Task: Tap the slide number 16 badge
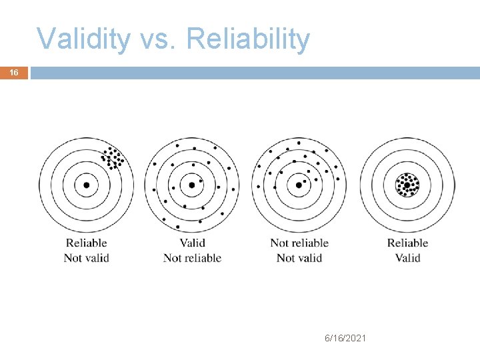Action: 14,73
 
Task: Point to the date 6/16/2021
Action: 345,339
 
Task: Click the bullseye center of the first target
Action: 86,185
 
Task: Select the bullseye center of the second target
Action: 192,185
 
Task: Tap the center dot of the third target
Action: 298,185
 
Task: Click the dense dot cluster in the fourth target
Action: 407,184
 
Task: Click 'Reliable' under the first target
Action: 86,243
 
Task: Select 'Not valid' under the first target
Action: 86,257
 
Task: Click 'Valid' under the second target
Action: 192,243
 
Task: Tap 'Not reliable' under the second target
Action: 192,257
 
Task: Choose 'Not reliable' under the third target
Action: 299,243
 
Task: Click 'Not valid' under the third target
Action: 299,257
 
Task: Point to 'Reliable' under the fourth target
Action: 407,243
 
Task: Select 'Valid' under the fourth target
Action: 407,257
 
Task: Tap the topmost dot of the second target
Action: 177,145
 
